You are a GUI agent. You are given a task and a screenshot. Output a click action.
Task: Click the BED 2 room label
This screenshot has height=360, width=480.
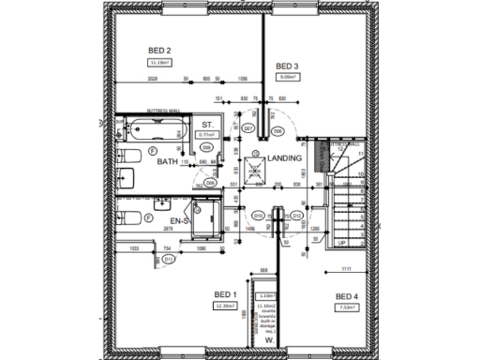[159, 50]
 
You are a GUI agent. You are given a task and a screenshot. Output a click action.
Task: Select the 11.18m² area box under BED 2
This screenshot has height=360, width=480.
[159, 63]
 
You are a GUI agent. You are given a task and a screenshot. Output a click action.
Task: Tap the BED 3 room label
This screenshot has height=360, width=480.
[287, 66]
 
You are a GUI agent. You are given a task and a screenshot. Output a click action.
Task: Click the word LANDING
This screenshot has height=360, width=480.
[285, 158]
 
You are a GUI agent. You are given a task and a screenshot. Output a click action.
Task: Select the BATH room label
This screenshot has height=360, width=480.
[168, 161]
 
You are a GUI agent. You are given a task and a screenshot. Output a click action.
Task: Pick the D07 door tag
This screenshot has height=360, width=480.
[249, 128]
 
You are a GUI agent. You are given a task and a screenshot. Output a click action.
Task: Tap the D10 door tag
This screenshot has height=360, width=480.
[259, 215]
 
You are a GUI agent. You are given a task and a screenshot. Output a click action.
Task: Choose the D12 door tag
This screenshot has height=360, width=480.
[296, 215]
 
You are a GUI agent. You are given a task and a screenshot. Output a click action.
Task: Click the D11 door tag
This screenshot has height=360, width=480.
[168, 259]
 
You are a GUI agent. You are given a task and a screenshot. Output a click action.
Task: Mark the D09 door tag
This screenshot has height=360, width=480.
[198, 183]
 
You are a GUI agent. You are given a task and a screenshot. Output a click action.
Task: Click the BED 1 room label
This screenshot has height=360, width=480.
[225, 292]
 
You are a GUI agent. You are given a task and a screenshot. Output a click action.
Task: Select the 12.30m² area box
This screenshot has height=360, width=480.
[225, 306]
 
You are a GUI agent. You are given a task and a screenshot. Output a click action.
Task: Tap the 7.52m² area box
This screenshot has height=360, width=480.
[348, 309]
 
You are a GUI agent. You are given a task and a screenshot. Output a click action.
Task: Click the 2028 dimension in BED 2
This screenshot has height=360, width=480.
[152, 80]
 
